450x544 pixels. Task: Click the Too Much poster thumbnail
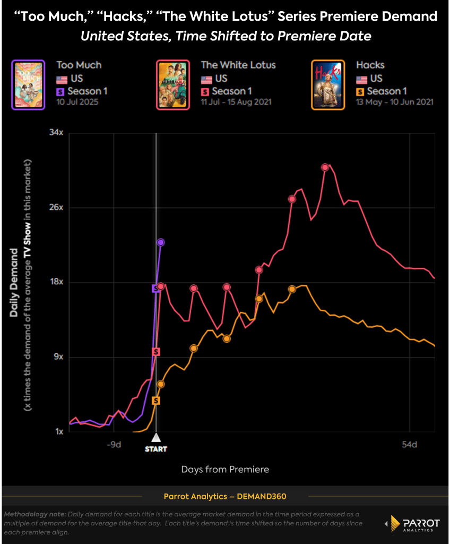pyautogui.click(x=27, y=84)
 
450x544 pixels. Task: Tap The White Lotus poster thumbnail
pyautogui.click(x=172, y=84)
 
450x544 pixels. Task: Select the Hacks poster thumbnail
pyautogui.click(x=327, y=84)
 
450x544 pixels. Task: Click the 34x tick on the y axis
pyautogui.click(x=56, y=132)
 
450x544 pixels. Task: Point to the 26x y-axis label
pyautogui.click(x=56, y=207)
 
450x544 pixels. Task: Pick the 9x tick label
pyautogui.click(x=58, y=357)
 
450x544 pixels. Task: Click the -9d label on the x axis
pyautogui.click(x=114, y=445)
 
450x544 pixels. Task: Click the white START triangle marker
pyautogui.click(x=156, y=438)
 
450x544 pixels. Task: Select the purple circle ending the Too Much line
pyautogui.click(x=161, y=242)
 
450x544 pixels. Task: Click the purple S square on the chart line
pyautogui.click(x=155, y=288)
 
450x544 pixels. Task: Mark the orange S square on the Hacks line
pyautogui.click(x=156, y=401)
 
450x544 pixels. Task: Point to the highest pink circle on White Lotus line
pyautogui.click(x=325, y=167)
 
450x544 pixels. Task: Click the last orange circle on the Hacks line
pyautogui.click(x=292, y=289)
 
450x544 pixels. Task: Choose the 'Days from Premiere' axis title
pyautogui.click(x=225, y=470)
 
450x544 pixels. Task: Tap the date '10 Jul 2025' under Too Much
pyautogui.click(x=79, y=102)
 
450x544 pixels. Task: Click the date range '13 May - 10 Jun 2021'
pyautogui.click(x=395, y=102)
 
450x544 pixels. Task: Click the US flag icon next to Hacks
pyautogui.click(x=362, y=79)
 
